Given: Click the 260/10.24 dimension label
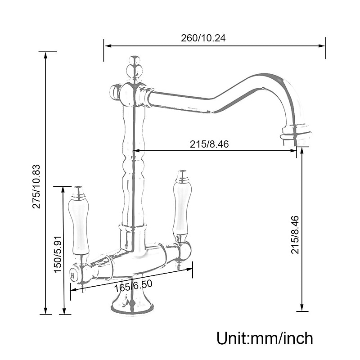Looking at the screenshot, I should click(203, 38).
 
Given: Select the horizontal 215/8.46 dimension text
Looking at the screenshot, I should click(209, 144).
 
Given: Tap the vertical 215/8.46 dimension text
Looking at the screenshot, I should click(295, 234).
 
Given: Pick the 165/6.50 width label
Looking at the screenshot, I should click(133, 285).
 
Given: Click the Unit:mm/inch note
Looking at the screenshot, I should click(265, 338).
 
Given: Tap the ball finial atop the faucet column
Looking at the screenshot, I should click(134, 68).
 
